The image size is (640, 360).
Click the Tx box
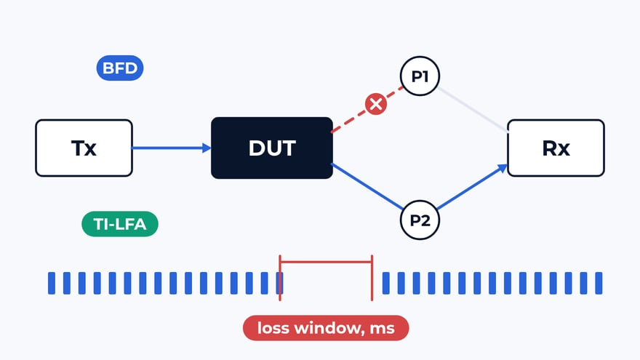click(84, 148)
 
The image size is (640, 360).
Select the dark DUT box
click(272, 148)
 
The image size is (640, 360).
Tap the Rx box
click(556, 148)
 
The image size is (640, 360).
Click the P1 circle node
click(420, 76)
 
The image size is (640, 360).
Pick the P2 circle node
click(420, 220)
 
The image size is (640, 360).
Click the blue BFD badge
click(120, 68)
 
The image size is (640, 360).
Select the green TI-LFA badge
click(120, 224)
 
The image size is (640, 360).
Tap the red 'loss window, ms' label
click(326, 328)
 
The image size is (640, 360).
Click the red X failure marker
click(376, 104)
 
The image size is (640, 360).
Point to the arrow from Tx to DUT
click(172, 148)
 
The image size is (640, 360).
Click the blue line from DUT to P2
click(367, 186)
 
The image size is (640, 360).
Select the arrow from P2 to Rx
click(472, 187)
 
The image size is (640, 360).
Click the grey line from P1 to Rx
click(473, 109)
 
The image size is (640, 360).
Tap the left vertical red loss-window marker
click(280, 278)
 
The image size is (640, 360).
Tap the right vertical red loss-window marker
click(372, 278)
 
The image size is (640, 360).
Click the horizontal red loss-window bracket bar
click(326, 262)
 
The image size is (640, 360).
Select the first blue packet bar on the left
click(52, 283)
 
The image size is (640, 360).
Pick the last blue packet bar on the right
click(599, 283)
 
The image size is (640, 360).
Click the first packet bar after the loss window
click(385, 283)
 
